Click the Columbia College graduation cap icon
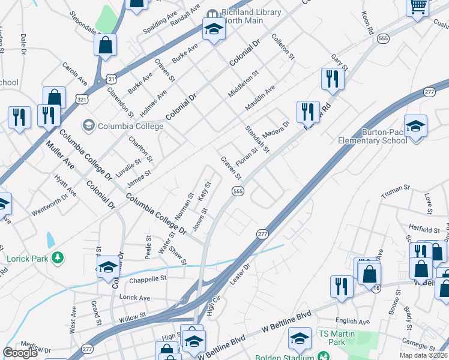click(89, 125)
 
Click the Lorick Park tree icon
click(58, 258)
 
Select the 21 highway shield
click(111, 78)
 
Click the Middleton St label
click(243, 83)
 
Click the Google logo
click(20, 353)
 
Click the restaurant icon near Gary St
click(332, 79)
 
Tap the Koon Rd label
click(367, 22)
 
